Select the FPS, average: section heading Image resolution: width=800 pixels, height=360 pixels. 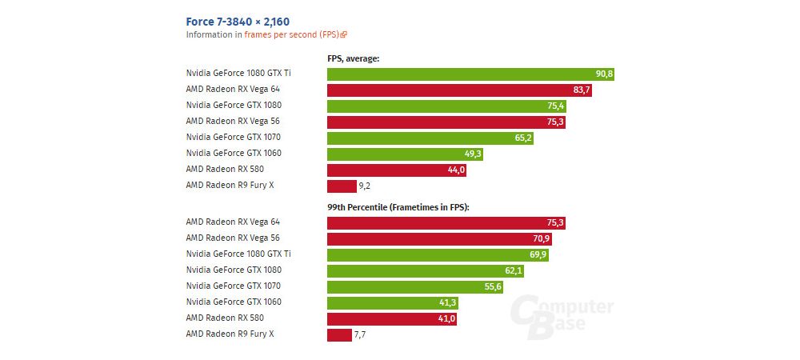pos(353,58)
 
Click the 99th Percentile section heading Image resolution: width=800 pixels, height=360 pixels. pos(398,207)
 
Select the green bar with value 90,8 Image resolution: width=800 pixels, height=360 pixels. pos(470,74)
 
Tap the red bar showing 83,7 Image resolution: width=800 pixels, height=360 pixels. pos(459,90)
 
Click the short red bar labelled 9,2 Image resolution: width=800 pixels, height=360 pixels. pos(342,186)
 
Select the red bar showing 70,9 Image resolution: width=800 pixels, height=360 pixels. pos(439,238)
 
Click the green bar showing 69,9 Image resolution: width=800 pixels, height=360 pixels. pos(438,254)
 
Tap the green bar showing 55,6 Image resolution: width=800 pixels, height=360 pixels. pos(415,286)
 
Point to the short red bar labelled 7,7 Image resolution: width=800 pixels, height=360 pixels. pos(339,334)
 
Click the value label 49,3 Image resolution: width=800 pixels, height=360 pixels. pos(472,154)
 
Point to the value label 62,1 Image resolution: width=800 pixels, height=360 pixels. pos(513,270)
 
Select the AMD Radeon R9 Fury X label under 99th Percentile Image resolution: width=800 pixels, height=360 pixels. pos(230,334)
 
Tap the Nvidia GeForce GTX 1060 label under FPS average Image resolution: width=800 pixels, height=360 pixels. pos(233,153)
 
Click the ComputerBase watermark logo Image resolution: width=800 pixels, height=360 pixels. pos(562,314)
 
